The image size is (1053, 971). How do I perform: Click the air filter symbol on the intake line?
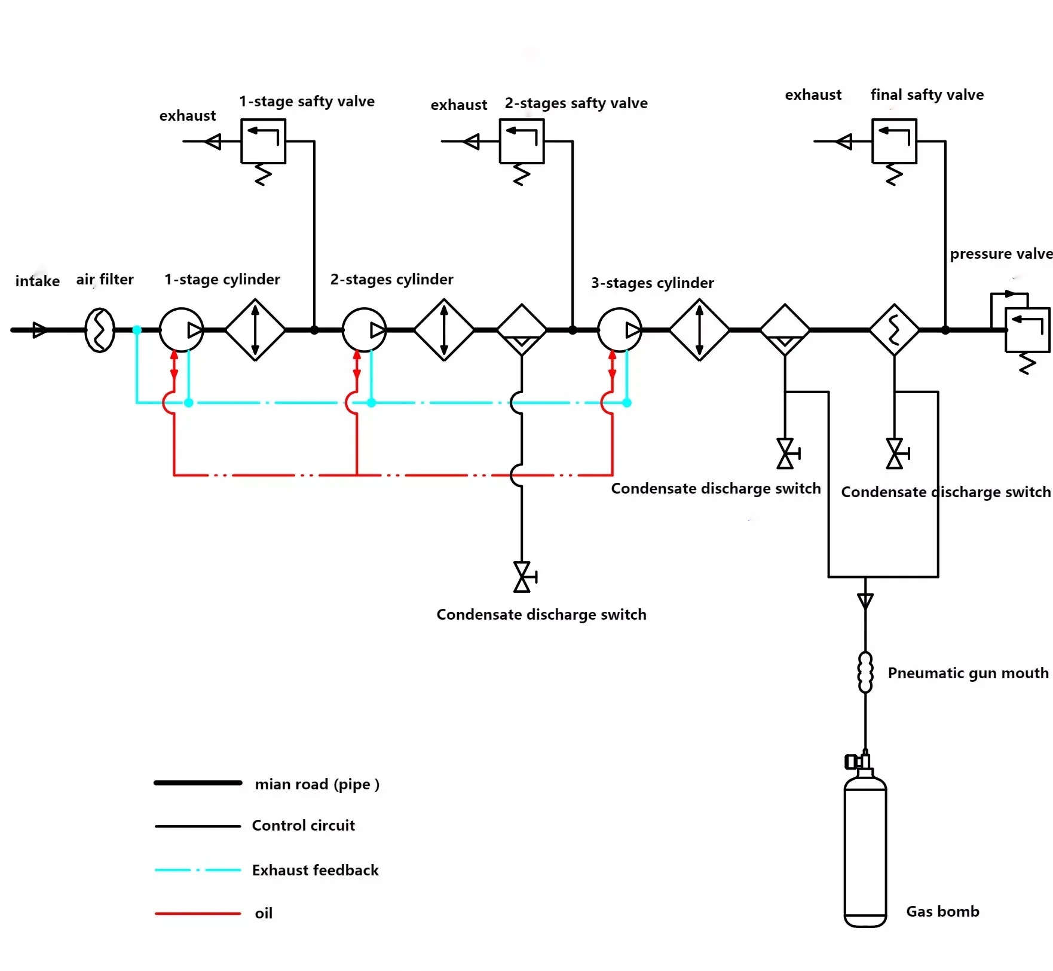100,330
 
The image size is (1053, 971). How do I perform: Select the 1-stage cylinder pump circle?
182,330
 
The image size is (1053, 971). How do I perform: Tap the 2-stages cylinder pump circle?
365,330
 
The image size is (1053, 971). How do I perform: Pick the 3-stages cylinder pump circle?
620,330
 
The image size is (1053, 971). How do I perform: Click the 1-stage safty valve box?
263,141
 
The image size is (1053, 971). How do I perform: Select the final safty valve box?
894,141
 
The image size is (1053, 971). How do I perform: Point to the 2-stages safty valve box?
522,141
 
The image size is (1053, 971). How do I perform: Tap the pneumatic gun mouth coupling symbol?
865,672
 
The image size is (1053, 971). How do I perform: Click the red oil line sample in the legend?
198,914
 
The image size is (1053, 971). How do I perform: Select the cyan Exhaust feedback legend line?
198,870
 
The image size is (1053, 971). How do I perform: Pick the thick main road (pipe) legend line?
198,783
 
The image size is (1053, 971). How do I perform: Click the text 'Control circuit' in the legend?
303,826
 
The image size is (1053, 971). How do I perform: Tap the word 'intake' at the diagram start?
37,281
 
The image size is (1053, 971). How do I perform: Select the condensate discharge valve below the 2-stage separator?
523,577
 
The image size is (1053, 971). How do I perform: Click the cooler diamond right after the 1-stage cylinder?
255,330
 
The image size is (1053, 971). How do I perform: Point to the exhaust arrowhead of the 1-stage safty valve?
213,142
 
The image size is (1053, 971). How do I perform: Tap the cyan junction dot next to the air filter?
137,330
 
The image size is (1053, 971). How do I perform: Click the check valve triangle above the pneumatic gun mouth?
865,601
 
